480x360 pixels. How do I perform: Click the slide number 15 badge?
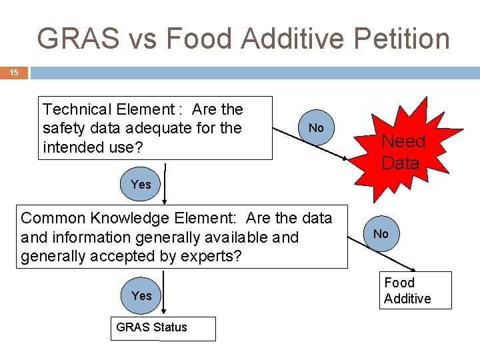pos(14,73)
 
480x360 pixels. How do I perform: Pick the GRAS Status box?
pos(163,328)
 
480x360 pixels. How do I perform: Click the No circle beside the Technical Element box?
pos(316,127)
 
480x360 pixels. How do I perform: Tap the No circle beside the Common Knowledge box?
pos(381,233)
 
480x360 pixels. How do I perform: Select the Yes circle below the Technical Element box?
pos(141,184)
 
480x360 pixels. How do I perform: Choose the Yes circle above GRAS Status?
pos(141,295)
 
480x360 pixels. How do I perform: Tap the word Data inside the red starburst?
pos(400,163)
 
